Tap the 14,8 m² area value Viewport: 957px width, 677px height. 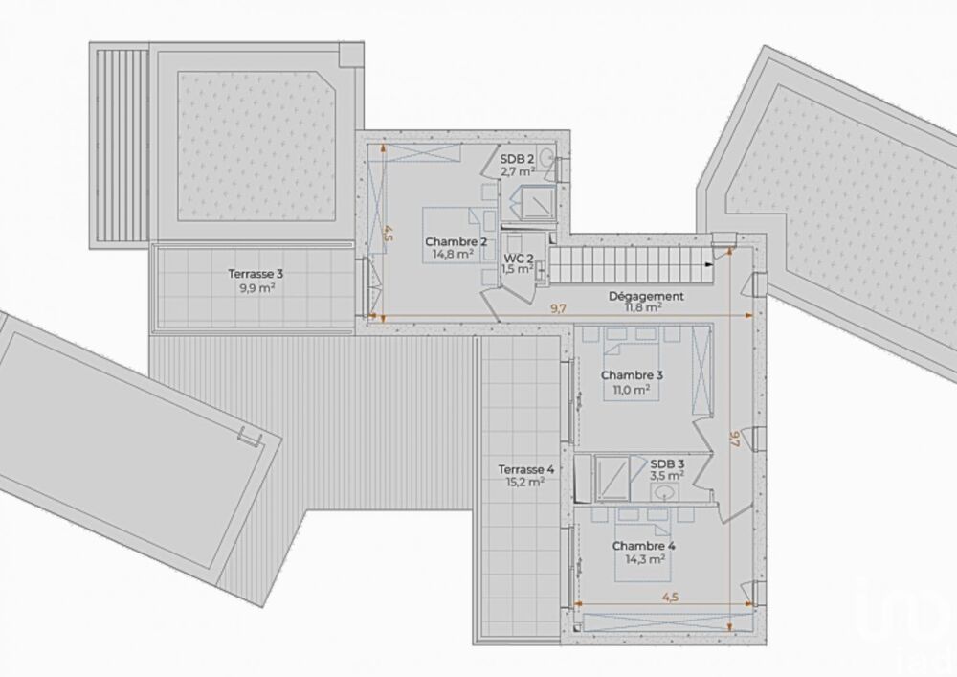451,256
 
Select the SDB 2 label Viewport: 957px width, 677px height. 517,159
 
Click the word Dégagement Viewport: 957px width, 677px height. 646,296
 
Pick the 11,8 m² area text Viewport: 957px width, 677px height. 643,308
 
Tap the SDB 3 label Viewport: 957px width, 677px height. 666,463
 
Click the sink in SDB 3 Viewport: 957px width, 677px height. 663,492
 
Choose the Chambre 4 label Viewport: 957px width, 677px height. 644,547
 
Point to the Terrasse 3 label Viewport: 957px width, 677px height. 255,273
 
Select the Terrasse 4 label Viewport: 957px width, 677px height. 525,469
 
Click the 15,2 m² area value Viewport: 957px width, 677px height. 525,484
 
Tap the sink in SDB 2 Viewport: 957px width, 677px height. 546,156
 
